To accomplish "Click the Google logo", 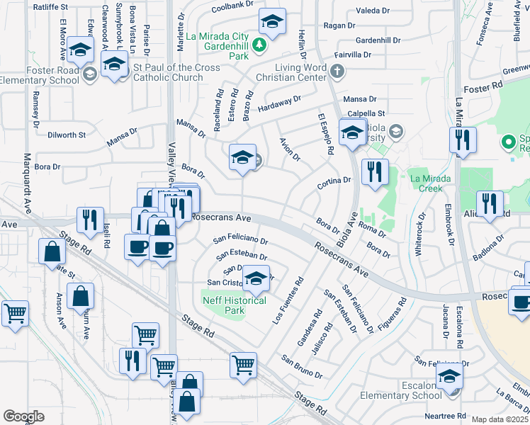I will click(23, 416).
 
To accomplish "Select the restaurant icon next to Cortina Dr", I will click(374, 171).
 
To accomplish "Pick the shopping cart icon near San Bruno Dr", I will click(243, 365).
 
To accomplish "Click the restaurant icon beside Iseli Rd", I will click(90, 220).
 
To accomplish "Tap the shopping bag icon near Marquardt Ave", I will click(53, 251).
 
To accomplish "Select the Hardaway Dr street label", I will click(279, 103).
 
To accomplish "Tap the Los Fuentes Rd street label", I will click(288, 302).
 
